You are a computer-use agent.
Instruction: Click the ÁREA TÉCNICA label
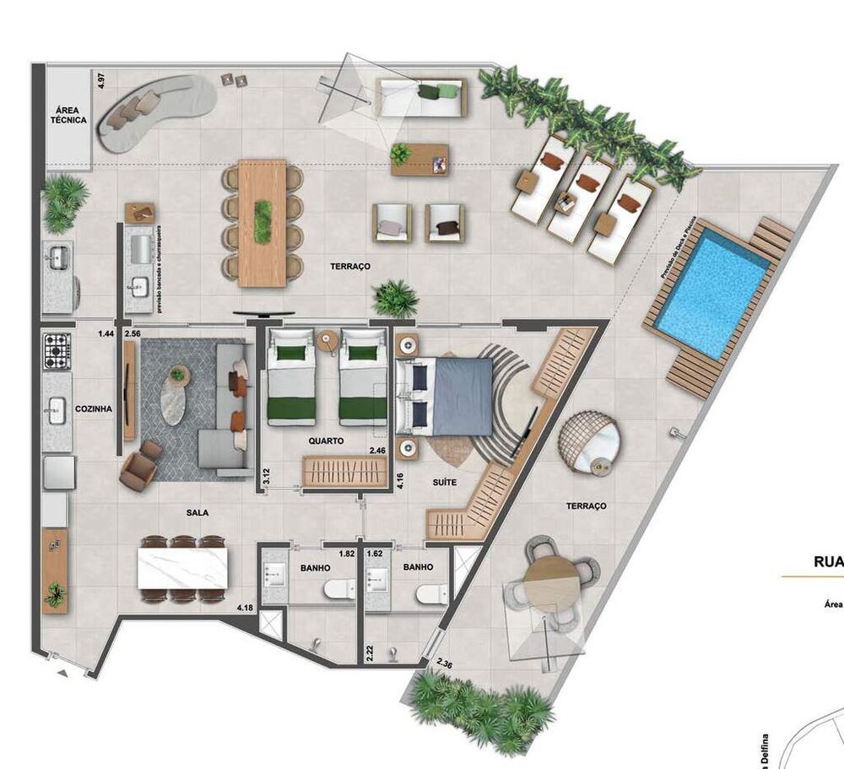point(68,115)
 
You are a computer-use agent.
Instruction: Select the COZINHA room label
point(94,408)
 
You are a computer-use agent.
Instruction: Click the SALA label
point(197,512)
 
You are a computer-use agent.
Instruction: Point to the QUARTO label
point(325,441)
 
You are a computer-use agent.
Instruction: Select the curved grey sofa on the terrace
point(156,110)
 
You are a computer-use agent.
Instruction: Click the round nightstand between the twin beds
point(327,341)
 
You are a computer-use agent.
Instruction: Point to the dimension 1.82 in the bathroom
point(346,555)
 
